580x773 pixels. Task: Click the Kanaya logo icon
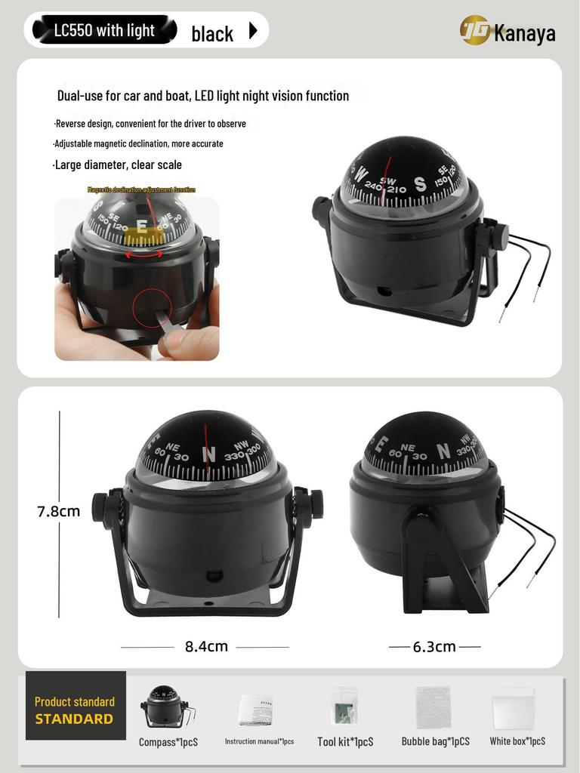pyautogui.click(x=475, y=31)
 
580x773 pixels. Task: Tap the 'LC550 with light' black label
pyautogui.click(x=104, y=31)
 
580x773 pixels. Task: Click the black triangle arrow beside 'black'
pyautogui.click(x=253, y=31)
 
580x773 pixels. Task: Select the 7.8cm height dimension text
pyautogui.click(x=59, y=511)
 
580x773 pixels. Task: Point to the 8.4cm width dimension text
pyautogui.click(x=206, y=646)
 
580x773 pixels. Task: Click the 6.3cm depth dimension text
pyautogui.click(x=434, y=646)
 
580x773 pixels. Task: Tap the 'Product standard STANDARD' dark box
pyautogui.click(x=75, y=710)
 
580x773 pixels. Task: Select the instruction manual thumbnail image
pyautogui.click(x=256, y=710)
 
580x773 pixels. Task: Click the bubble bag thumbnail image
pyautogui.click(x=433, y=707)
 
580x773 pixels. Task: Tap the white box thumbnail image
pyautogui.click(x=514, y=708)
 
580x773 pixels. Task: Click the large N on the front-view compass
pyautogui.click(x=210, y=454)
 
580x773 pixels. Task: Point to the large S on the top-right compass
pyautogui.click(x=420, y=184)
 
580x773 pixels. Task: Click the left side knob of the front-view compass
pyautogui.click(x=102, y=506)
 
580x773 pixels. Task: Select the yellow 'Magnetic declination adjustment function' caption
pyautogui.click(x=141, y=189)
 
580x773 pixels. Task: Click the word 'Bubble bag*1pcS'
pyautogui.click(x=435, y=741)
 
